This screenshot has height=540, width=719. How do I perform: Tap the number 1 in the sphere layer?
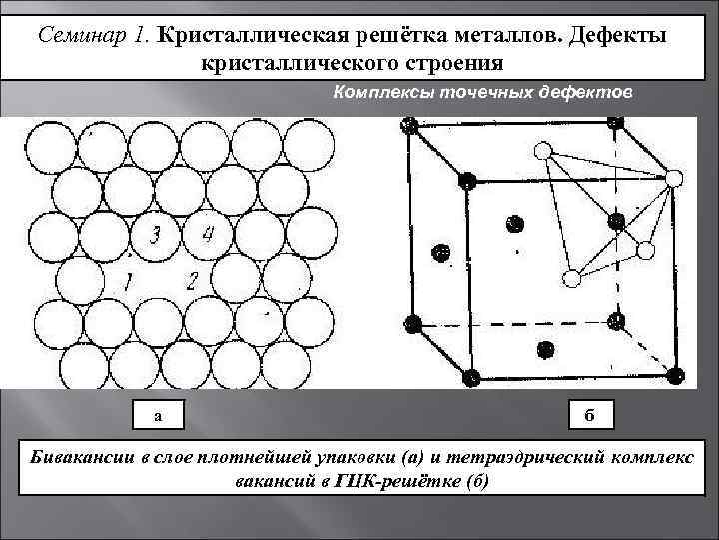127,281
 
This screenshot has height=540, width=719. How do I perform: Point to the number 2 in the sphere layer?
194,280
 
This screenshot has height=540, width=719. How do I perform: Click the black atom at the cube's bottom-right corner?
676,376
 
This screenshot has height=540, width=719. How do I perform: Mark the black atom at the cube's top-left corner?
407,125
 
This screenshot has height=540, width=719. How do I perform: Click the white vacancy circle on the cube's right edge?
673,179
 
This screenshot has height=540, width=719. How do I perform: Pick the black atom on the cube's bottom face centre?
545,349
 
